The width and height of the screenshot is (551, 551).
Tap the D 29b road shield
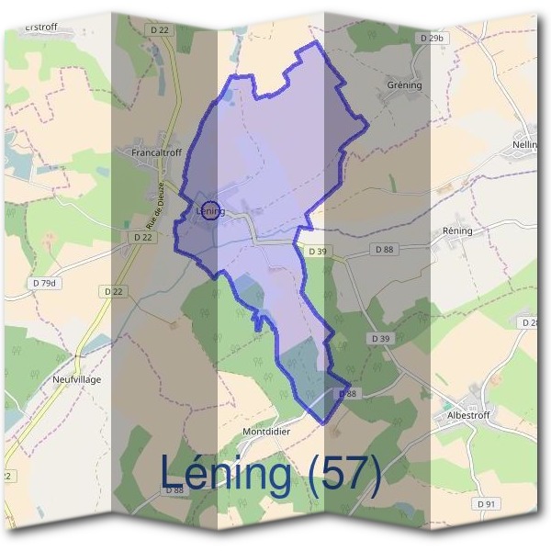point(431,38)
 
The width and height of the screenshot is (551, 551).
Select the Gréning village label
point(404,85)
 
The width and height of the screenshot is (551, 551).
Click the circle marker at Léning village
point(211,211)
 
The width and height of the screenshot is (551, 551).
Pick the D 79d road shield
point(42,283)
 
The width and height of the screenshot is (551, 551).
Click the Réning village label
point(457,231)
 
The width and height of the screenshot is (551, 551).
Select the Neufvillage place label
point(76,379)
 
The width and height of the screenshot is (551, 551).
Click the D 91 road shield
point(487,504)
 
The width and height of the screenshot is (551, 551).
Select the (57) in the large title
point(344,473)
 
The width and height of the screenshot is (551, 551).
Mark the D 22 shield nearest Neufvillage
point(114,291)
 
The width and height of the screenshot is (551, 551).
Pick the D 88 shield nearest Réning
point(384,249)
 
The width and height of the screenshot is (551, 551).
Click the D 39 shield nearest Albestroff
point(380,339)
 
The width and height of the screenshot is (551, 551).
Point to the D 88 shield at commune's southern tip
point(346,394)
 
